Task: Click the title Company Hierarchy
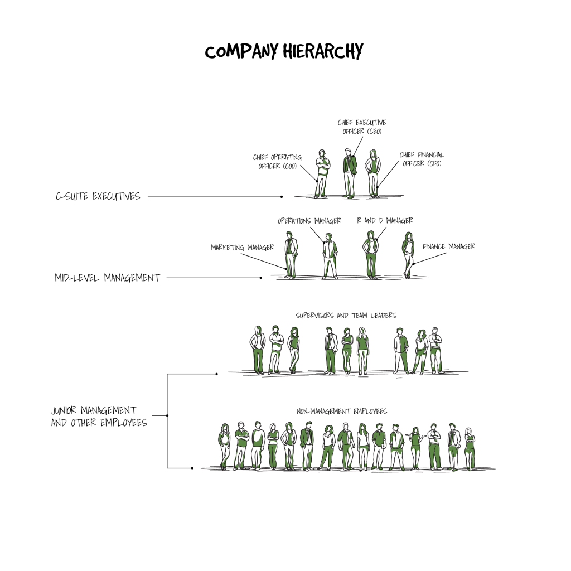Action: pyautogui.click(x=284, y=51)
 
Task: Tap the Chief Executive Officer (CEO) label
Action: pyautogui.click(x=361, y=127)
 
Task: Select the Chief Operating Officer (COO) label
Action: pyautogui.click(x=278, y=162)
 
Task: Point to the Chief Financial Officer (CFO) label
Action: pyautogui.click(x=422, y=159)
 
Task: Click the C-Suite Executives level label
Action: pyautogui.click(x=98, y=196)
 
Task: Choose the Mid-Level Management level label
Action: pyautogui.click(x=107, y=278)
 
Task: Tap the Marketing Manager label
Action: pyautogui.click(x=243, y=248)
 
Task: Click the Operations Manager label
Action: pyautogui.click(x=309, y=221)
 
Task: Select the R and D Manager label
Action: pyautogui.click(x=385, y=221)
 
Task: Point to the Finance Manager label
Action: pyautogui.click(x=449, y=246)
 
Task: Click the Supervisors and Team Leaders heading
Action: pyautogui.click(x=346, y=316)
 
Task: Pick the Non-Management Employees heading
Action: pyautogui.click(x=342, y=411)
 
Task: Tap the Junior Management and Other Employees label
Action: pyautogui.click(x=99, y=416)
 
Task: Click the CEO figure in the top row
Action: pyautogui.click(x=350, y=173)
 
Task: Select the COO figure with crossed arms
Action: pyautogui.click(x=322, y=174)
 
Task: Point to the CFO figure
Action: pyautogui.click(x=373, y=173)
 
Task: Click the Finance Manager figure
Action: pyautogui.click(x=408, y=255)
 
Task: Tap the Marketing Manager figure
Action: pyautogui.click(x=291, y=255)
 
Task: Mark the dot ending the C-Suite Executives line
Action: pyautogui.click(x=282, y=197)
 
